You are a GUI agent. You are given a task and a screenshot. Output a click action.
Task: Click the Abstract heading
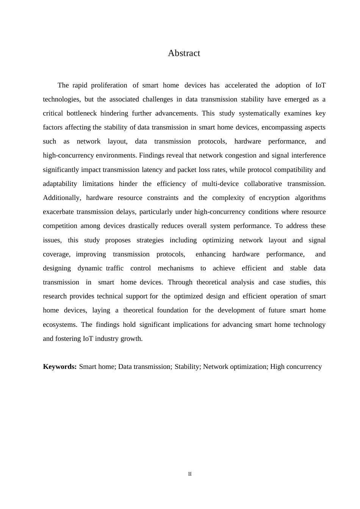coord(184,53)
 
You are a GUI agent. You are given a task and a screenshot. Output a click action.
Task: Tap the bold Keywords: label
coord(60,367)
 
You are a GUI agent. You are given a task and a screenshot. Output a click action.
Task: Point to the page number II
coord(190,474)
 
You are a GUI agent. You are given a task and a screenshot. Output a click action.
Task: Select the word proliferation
coord(109,85)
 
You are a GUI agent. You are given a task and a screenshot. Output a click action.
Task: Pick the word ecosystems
coord(59,325)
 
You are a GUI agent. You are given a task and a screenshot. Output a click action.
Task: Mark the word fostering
coord(68,339)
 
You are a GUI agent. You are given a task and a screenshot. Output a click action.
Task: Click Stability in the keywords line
coord(187,367)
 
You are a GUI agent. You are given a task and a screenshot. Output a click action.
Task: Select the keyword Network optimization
coord(235,367)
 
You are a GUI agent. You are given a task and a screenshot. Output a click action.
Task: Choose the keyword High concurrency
coord(296,367)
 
